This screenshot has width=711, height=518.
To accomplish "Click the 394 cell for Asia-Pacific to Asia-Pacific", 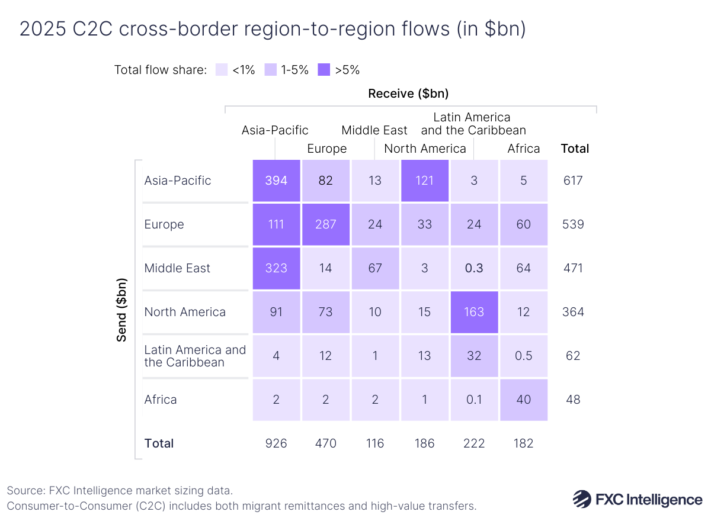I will tap(276, 181).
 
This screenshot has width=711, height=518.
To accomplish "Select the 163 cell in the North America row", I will tap(475, 312).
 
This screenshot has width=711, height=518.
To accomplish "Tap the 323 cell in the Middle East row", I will tap(276, 268).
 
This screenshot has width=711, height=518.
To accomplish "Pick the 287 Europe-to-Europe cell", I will tap(326, 224).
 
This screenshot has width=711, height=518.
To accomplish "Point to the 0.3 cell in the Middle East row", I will tap(475, 268).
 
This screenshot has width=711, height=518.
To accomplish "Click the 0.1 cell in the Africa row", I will tap(475, 400).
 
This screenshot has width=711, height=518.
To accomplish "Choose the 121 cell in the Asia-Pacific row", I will tap(425, 181).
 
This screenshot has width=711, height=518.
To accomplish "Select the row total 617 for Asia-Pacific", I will tap(573, 181).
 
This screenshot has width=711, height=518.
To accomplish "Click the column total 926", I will tap(276, 443).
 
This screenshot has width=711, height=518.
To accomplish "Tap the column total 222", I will tap(475, 443).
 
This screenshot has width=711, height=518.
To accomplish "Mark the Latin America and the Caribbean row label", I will tap(195, 356).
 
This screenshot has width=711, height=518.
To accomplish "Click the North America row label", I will tap(185, 312).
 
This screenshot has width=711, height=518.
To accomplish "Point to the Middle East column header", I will tap(374, 130).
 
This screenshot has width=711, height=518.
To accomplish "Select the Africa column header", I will tap(524, 149).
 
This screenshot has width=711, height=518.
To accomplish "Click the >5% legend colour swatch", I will tap(324, 70).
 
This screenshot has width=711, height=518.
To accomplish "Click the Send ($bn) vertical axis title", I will tap(121, 309).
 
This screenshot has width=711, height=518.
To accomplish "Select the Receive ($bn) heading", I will tap(408, 94).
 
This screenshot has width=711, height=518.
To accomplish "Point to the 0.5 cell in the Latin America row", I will tap(524, 356).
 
